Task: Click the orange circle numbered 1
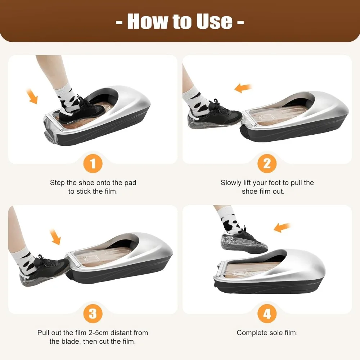[x=93, y=164]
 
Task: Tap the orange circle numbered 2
[x=267, y=164]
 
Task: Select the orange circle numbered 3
[x=93, y=314]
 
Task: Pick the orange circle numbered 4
[x=267, y=314]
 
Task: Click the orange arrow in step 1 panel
[x=33, y=97]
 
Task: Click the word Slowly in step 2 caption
[x=231, y=183]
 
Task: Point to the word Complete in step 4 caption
[x=251, y=333]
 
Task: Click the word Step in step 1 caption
[x=58, y=183]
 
